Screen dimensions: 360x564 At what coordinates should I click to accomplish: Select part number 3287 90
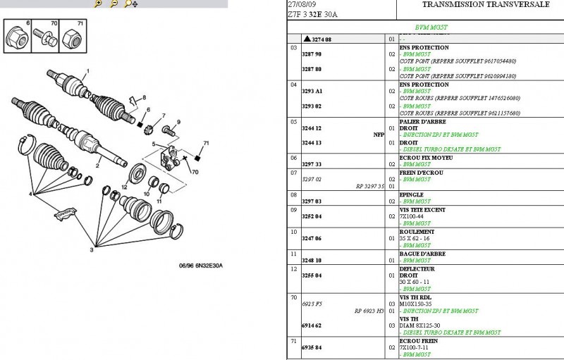[x=312, y=54]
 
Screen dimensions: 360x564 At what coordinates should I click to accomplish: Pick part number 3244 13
[x=312, y=142]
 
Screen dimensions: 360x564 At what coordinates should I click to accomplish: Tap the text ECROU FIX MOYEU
[x=425, y=158]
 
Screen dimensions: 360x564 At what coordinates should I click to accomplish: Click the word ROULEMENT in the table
[x=416, y=232]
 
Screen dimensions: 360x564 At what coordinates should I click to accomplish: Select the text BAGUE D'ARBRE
[x=421, y=254]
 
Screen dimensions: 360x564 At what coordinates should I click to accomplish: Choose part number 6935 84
[x=312, y=347]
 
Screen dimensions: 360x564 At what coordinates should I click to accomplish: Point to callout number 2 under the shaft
[x=98, y=167]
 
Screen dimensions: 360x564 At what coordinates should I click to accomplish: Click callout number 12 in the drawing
[x=124, y=187]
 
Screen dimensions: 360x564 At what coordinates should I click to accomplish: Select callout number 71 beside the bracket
[x=207, y=144]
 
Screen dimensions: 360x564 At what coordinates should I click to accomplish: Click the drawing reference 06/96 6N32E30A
[x=201, y=265]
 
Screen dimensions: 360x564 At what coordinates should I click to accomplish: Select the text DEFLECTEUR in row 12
[x=417, y=269]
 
